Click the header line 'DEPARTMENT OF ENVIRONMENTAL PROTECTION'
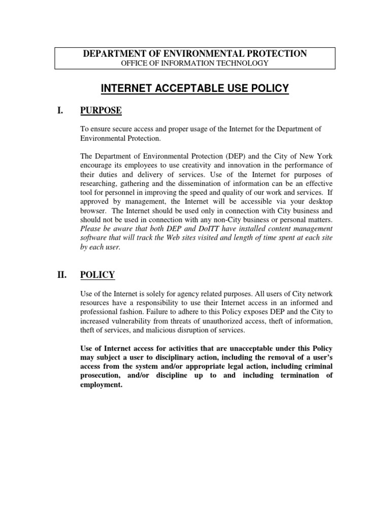pyautogui.click(x=195, y=54)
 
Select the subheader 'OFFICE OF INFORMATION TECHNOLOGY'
pyautogui.click(x=195, y=63)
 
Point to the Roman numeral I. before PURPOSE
pyautogui.click(x=60, y=111)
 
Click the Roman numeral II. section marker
pyautogui.click(x=61, y=275)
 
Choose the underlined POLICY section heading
pyautogui.click(x=97, y=275)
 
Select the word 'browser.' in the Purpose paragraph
pyautogui.click(x=94, y=211)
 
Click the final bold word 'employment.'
pyautogui.click(x=102, y=384)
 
